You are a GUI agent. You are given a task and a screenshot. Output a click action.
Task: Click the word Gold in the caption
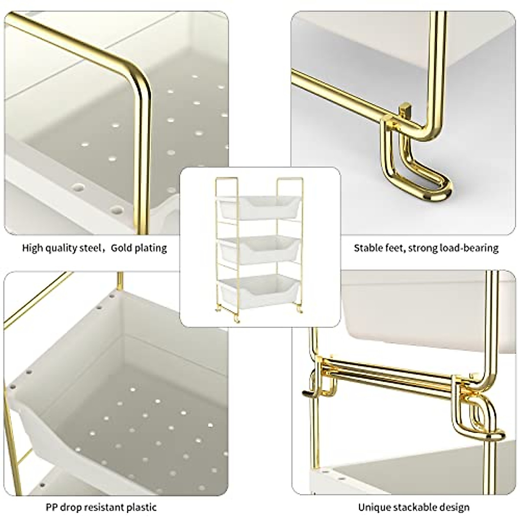(122, 248)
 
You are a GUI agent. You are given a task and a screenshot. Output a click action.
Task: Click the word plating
(150, 248)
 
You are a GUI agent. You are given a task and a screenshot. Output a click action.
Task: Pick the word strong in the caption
(423, 248)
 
